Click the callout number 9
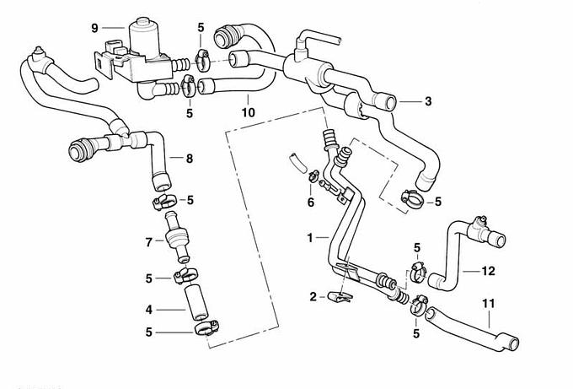point(95,27)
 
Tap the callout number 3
point(428,102)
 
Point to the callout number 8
point(189,157)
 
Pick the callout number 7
point(148,241)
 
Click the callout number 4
point(148,308)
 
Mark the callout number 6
point(311,203)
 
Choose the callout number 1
point(311,239)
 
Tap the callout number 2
point(313,297)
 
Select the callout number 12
point(488,271)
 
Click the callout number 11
point(488,301)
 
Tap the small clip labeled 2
point(340,295)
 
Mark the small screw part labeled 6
point(313,177)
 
